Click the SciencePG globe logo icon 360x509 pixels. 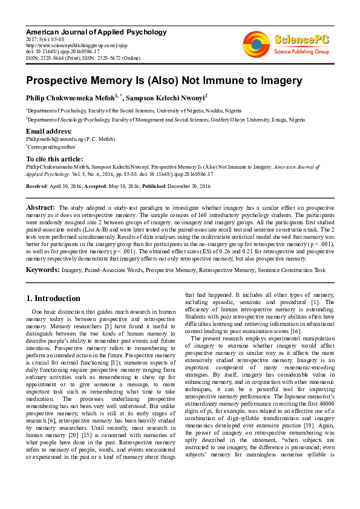pos(256,45)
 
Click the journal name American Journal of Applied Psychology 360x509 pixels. pos(96,31)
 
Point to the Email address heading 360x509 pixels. pos(51,131)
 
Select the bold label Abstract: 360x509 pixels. pos(41,207)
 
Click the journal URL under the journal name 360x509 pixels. pos(68,45)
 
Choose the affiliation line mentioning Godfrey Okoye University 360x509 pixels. pos(165,120)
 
